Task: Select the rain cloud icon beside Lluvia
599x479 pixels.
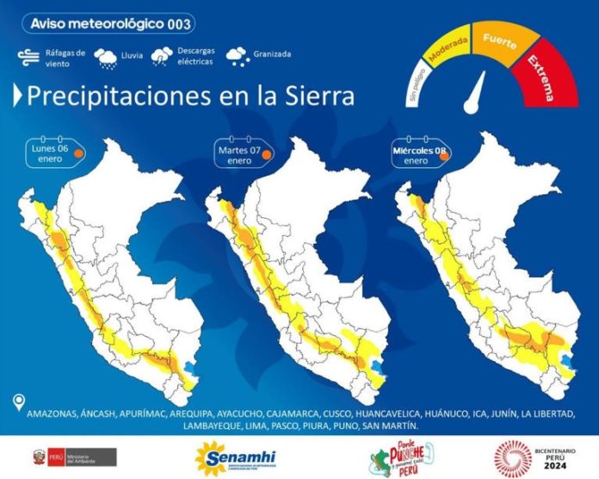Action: click(x=108, y=58)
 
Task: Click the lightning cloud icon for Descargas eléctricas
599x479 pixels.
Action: click(x=161, y=57)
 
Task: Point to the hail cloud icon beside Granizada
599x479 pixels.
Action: click(x=236, y=57)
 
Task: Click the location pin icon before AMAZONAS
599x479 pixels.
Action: click(x=18, y=402)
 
